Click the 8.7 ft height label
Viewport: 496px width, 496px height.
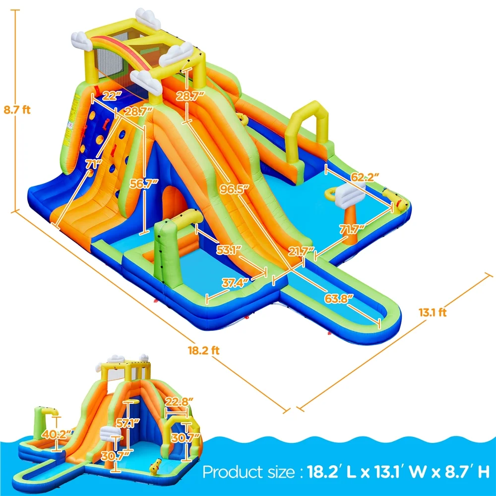pyautogui.click(x=17, y=110)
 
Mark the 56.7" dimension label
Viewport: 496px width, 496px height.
pyautogui.click(x=146, y=183)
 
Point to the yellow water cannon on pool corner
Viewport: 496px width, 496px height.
pyautogui.click(x=400, y=201)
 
